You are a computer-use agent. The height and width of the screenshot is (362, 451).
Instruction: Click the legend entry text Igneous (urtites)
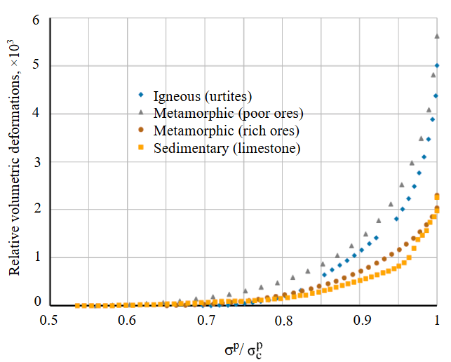[202, 95]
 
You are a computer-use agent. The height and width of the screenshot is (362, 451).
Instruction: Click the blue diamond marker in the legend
[140, 95]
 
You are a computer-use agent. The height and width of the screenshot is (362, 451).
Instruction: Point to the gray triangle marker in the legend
[140, 112]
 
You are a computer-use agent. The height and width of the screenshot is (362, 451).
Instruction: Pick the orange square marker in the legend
[140, 148]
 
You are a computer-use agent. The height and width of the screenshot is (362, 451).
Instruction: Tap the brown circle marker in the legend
[140, 130]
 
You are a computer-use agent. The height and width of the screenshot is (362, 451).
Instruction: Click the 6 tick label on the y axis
[36, 19]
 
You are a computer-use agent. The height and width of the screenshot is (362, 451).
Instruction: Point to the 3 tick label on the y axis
[36, 162]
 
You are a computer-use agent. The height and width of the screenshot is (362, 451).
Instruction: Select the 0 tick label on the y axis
[36, 304]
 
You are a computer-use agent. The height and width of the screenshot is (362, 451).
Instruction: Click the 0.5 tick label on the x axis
[48, 321]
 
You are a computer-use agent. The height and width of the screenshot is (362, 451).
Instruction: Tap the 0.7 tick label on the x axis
[206, 321]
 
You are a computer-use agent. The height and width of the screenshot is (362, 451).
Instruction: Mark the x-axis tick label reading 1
[438, 321]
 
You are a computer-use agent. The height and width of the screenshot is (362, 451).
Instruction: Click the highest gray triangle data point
[437, 36]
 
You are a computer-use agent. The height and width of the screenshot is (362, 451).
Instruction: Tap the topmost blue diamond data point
[437, 65]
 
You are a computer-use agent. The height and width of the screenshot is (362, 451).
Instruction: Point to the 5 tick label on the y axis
[36, 67]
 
